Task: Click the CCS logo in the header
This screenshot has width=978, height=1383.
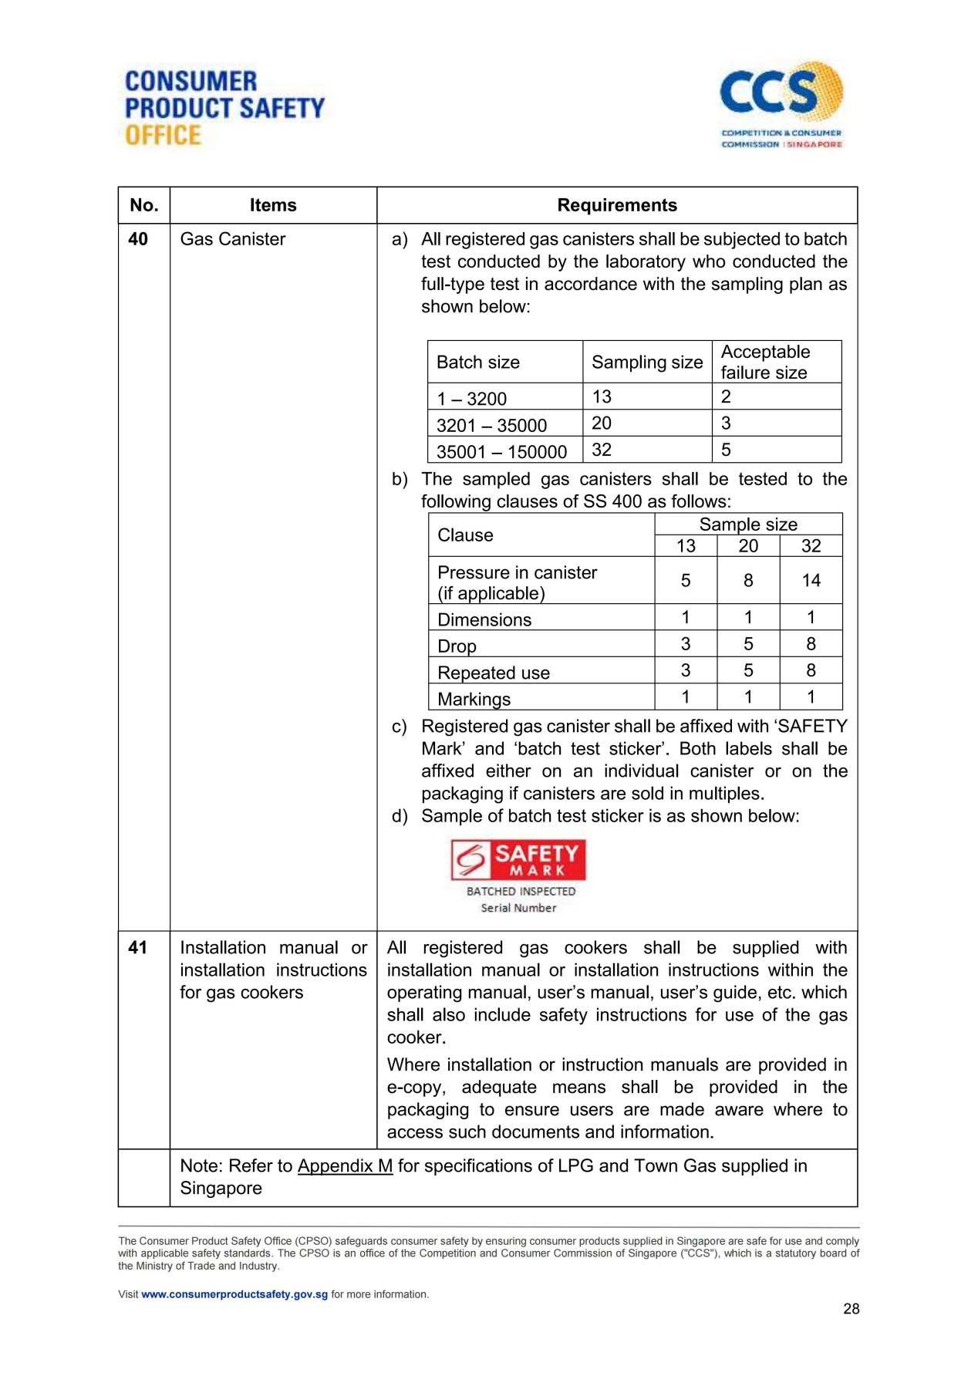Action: point(781,105)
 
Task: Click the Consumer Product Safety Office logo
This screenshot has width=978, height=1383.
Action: point(224,107)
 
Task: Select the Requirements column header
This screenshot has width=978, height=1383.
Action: point(616,205)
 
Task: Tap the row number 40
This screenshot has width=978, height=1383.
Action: point(138,239)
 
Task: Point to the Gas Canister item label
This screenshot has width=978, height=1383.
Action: point(232,239)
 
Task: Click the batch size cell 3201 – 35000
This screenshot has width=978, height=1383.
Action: point(491,425)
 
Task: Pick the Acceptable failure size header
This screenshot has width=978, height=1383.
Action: point(764,362)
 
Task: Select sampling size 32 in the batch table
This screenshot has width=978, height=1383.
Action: point(602,450)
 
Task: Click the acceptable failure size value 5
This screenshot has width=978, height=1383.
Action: point(726,450)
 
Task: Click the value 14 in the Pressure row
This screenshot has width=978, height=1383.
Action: point(811,581)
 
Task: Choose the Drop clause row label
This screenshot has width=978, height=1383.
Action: point(457,646)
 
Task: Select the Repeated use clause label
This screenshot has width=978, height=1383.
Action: point(494,673)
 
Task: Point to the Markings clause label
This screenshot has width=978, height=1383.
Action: point(474,699)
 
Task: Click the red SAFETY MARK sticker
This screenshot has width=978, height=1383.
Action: point(518,860)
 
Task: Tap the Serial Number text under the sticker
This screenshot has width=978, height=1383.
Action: point(518,908)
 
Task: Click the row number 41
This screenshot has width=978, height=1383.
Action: point(138,947)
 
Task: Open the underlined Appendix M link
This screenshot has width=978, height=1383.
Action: point(345,1165)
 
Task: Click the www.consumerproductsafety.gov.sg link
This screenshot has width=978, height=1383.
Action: point(234,1294)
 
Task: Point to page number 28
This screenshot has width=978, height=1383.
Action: point(851,1309)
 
